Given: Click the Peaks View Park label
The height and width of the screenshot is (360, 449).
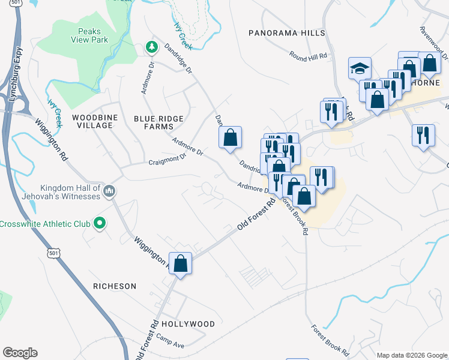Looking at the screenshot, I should (x=97, y=36).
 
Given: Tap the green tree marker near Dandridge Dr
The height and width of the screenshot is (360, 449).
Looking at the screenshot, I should (x=151, y=47).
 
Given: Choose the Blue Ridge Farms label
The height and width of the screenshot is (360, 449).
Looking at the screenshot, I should (x=158, y=122).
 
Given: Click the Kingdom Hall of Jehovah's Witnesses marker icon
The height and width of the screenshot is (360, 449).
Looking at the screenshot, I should (x=109, y=191).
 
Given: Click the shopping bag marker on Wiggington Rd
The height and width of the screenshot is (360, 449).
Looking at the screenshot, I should (x=181, y=263).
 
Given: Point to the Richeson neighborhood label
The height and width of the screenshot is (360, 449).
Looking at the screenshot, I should (x=115, y=286).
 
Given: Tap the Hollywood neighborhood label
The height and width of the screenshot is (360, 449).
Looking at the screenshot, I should (x=188, y=324).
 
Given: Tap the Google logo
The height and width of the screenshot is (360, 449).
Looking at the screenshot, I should (x=20, y=352).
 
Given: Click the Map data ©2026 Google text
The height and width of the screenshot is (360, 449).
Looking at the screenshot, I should (x=411, y=355).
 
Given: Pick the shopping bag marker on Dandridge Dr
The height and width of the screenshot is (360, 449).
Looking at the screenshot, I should (x=230, y=137).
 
